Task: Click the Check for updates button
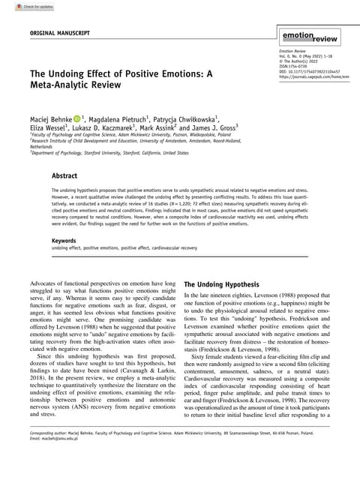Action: (x=22, y=6)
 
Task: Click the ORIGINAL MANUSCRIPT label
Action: (x=60, y=34)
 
